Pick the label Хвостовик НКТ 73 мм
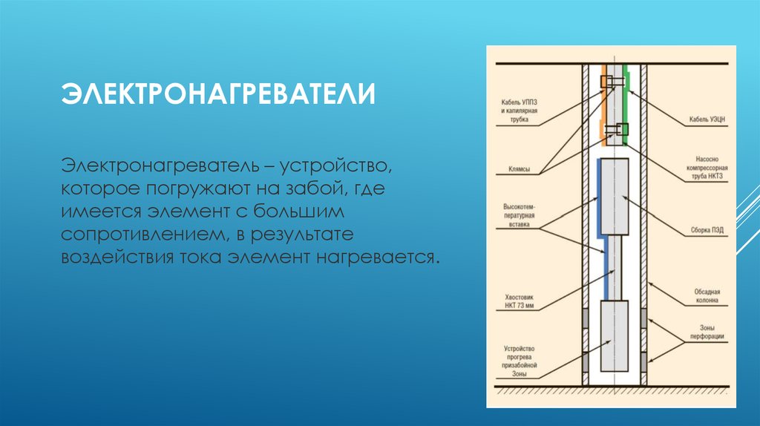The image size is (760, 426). click(518, 301)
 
